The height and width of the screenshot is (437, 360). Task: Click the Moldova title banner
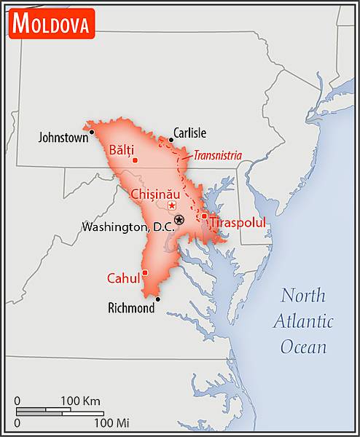(52, 23)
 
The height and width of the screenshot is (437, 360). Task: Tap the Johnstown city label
(63, 136)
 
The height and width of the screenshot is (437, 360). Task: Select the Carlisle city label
(190, 133)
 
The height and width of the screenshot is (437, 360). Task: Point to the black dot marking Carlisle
(171, 139)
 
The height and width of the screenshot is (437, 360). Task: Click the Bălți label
(121, 150)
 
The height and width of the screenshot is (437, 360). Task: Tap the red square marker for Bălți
(135, 159)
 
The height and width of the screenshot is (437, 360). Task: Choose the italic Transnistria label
(217, 154)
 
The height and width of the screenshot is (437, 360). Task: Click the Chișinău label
(154, 194)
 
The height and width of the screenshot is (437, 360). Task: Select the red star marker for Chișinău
(172, 205)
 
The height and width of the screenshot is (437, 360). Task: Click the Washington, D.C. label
(128, 227)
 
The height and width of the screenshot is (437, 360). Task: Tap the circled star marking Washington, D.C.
(179, 219)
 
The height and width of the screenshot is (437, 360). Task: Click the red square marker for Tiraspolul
(205, 216)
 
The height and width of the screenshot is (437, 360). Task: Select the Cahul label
(123, 278)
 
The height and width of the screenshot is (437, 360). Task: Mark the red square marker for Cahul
(145, 273)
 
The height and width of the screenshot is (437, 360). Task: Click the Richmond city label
(131, 308)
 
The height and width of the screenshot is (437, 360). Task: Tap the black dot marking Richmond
(157, 299)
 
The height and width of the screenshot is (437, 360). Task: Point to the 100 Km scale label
(80, 401)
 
